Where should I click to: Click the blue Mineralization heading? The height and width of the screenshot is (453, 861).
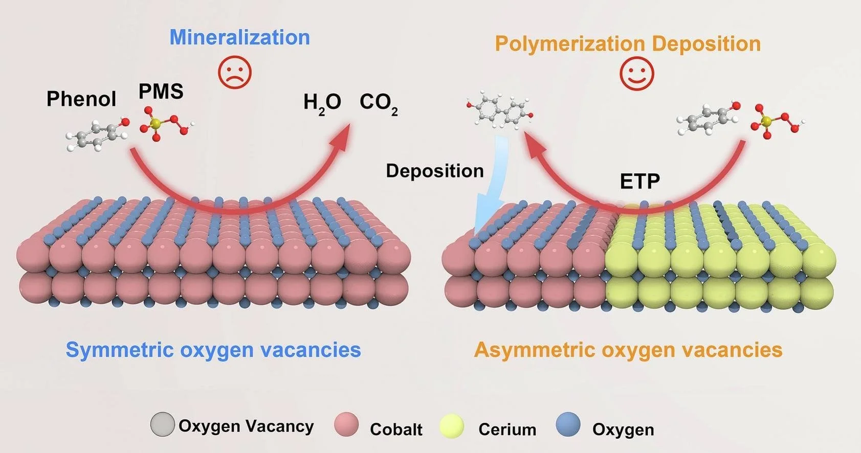pos(239,37)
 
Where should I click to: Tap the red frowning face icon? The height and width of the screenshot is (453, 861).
pos(235,72)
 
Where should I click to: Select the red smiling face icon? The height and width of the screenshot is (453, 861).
pos(636,74)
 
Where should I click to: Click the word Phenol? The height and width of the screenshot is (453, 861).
pos(81,99)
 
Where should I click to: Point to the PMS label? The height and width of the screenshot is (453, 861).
pos(161,92)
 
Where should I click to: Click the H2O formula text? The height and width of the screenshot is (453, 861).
pos(322,103)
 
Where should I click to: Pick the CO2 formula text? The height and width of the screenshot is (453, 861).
pos(378,103)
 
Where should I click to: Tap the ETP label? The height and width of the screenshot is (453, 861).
pos(639,181)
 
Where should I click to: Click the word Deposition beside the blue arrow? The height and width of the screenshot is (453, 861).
pos(434,171)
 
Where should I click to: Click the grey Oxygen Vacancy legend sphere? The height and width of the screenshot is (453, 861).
pos(162,424)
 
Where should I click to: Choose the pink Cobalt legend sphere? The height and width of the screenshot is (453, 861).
pos(346,425)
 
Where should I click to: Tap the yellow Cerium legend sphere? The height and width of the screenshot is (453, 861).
pos(452,426)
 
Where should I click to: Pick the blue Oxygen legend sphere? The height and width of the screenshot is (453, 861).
pos(568,425)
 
